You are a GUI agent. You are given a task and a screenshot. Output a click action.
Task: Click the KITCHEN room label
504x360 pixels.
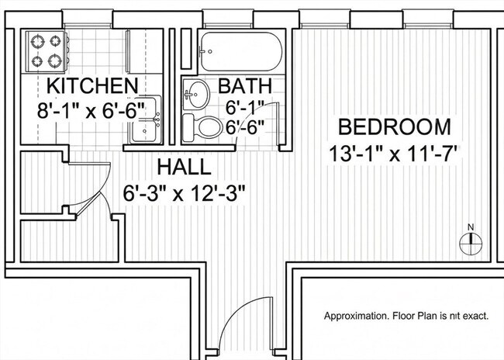coord(92,85)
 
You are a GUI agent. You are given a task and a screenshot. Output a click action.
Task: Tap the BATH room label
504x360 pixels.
coord(245,85)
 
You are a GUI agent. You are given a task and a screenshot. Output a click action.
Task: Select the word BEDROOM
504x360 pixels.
coord(395,126)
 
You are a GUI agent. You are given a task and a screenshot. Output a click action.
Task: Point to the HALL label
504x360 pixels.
coord(185,168)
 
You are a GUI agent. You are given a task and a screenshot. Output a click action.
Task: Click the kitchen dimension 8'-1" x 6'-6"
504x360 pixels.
coord(91,110)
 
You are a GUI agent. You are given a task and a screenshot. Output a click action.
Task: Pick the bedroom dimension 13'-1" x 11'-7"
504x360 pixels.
coord(395,154)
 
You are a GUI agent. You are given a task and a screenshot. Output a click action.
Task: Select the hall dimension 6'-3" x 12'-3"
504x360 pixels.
coord(184,193)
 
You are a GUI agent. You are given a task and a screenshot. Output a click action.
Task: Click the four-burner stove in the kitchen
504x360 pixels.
coord(47,51)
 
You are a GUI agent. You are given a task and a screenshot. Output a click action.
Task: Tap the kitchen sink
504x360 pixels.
coord(146,119)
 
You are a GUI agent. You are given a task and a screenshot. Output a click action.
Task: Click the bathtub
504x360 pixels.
coord(240,51)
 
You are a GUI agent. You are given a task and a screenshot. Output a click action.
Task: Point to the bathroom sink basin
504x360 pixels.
coord(196,95)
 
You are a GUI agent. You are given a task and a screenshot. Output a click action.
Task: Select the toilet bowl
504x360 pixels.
coord(209,127)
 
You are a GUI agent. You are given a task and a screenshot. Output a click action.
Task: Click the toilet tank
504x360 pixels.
coord(188,128)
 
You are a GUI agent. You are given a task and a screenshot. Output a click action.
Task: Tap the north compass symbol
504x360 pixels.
coord(471,241)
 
